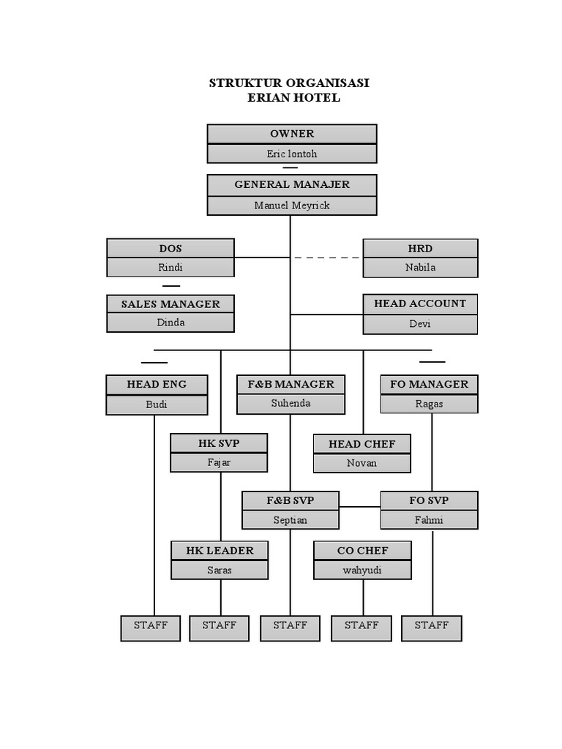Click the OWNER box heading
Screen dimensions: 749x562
(x=292, y=134)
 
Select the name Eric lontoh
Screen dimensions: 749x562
(x=292, y=154)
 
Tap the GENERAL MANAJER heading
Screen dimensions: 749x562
(x=292, y=184)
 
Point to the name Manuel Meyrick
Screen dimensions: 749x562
(x=292, y=205)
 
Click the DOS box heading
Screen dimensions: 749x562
(x=171, y=249)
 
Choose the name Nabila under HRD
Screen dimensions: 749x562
(x=420, y=268)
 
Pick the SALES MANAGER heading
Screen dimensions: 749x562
(x=171, y=304)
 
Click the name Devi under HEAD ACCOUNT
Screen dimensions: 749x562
(x=420, y=323)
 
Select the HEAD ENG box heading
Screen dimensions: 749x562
(x=157, y=384)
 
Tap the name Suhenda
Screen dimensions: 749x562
(x=291, y=403)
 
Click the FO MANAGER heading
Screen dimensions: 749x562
(x=429, y=384)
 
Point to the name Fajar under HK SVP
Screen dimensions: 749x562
(x=219, y=462)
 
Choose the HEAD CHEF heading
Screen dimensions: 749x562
(x=361, y=444)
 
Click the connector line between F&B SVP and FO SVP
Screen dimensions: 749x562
(x=359, y=507)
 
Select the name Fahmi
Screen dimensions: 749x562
(x=429, y=520)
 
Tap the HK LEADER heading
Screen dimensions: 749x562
(x=220, y=551)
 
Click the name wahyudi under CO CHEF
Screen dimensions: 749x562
(x=362, y=570)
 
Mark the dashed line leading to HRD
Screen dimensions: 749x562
(x=327, y=257)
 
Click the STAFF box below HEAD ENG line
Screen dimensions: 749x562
(x=151, y=626)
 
